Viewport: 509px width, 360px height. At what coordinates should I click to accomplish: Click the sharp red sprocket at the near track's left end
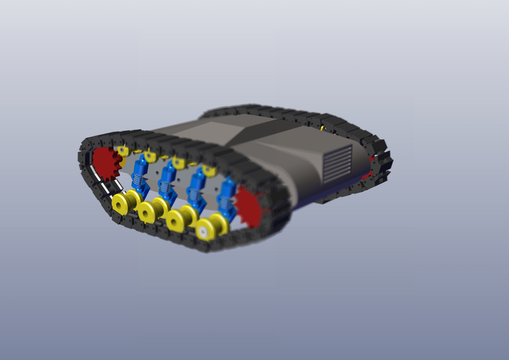click(x=105, y=164)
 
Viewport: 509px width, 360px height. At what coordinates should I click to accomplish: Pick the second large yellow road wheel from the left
click(x=149, y=211)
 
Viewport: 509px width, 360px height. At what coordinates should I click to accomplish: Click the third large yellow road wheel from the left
click(x=178, y=220)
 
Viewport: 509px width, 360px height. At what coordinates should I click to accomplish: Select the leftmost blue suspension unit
click(x=139, y=175)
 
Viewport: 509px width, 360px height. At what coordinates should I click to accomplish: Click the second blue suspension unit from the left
click(x=166, y=182)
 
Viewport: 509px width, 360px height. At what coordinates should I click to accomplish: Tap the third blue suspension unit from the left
click(x=195, y=190)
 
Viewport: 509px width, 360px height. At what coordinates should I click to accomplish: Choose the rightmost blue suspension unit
click(x=226, y=199)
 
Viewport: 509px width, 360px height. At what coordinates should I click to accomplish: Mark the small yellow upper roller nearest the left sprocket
click(x=123, y=151)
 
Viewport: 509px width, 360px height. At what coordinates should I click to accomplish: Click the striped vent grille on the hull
click(x=337, y=163)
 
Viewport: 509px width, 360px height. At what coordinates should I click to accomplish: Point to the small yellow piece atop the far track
click(x=323, y=128)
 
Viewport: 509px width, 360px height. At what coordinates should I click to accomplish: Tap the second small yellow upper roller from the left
click(x=150, y=156)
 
